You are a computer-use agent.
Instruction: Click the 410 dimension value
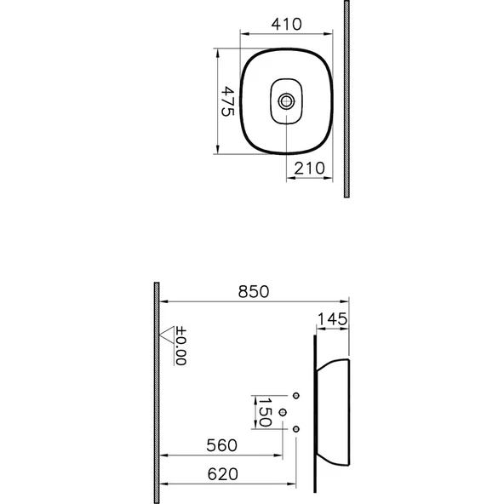(286, 25)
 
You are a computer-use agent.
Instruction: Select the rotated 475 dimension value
(227, 102)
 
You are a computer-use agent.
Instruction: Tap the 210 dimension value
(308, 169)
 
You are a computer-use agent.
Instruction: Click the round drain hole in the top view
(287, 101)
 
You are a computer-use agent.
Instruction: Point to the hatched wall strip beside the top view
(346, 99)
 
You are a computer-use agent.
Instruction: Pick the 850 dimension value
(253, 291)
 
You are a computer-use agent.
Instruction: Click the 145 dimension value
(332, 319)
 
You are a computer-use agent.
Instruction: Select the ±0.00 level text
(180, 347)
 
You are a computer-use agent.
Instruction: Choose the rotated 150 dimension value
(264, 412)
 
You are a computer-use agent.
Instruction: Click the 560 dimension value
(221, 445)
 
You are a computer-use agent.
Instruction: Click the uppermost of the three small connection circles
(296, 396)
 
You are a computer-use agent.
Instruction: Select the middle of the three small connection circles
(283, 412)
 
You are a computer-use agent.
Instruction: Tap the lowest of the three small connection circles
(296, 428)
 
